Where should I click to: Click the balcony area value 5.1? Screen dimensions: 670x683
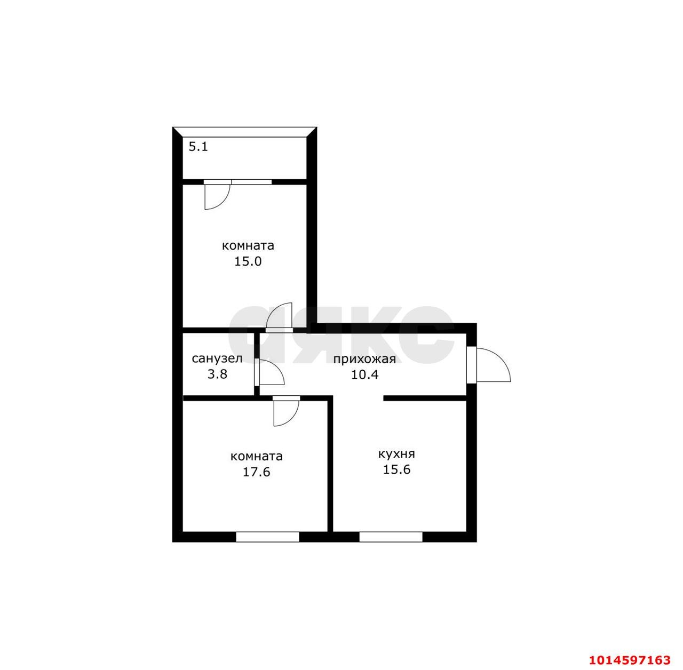pos(198,146)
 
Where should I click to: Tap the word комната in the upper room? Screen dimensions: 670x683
pos(248,245)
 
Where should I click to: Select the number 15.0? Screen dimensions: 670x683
pos(248,261)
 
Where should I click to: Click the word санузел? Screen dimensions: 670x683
pos(217,358)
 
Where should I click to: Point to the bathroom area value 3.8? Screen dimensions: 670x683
pos(217,374)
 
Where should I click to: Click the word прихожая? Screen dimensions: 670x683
pos(364,359)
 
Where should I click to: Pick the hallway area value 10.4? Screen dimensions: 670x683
pos(364,374)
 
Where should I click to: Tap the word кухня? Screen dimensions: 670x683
pos(396,454)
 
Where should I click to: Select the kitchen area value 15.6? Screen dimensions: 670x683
pos(396,470)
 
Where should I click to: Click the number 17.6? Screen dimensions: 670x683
pos(257,472)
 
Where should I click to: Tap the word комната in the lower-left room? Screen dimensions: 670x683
pos(257,457)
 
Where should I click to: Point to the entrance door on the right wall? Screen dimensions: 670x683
pos(488,365)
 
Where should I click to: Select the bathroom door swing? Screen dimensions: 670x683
pos(271,372)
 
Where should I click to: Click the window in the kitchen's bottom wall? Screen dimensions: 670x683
pos(391,537)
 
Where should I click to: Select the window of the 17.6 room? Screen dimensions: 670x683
pos(267,537)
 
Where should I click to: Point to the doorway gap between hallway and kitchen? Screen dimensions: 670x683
pos(358,398)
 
